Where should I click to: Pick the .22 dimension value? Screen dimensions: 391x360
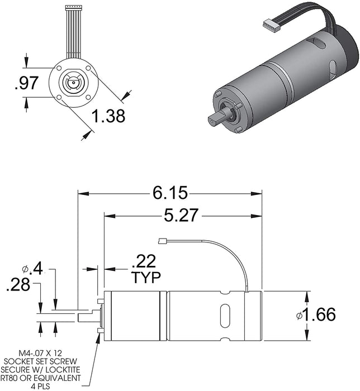pos(143,261)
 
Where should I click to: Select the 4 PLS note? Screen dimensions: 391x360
pos(49,385)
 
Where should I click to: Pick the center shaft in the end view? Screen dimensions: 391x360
pos(72,83)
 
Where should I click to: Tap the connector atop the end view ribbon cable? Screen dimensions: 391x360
pos(73,7)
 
